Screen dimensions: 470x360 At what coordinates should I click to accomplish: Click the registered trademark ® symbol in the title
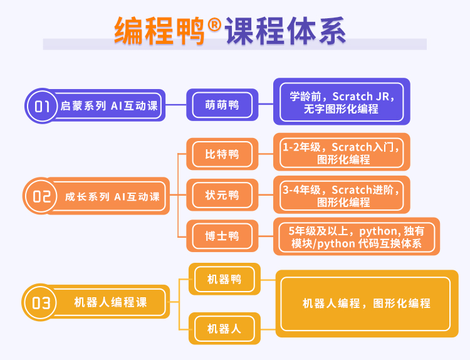point(214,24)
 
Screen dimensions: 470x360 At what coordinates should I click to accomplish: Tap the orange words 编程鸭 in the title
point(159,31)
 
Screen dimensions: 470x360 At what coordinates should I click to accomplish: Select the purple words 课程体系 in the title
point(286,31)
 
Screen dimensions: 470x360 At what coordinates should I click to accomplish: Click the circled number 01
point(42,106)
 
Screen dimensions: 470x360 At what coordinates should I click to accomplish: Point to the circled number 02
point(41,196)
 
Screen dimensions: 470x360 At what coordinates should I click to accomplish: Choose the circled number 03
point(41,302)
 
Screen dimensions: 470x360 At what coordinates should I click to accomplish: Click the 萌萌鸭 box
point(222,105)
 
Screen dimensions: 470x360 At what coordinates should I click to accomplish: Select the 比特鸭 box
point(222,154)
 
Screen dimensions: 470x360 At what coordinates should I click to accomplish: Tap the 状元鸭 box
point(222,195)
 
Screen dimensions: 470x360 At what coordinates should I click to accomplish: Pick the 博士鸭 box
point(222,236)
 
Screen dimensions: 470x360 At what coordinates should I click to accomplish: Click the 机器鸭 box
point(224,279)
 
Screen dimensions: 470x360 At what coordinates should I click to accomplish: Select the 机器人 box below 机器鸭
point(224,329)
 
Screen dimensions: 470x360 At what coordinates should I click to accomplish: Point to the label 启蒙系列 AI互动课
point(109,105)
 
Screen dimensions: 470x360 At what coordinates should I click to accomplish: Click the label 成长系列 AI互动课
point(112,196)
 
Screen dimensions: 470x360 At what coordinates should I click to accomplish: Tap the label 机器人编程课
point(110,302)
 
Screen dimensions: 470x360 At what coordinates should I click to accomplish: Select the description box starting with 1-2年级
point(342,152)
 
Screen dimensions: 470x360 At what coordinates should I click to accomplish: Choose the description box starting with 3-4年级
point(342,194)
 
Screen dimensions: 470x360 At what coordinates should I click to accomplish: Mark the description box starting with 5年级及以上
point(357,236)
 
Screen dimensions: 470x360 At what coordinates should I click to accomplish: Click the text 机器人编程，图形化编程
point(367,304)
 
